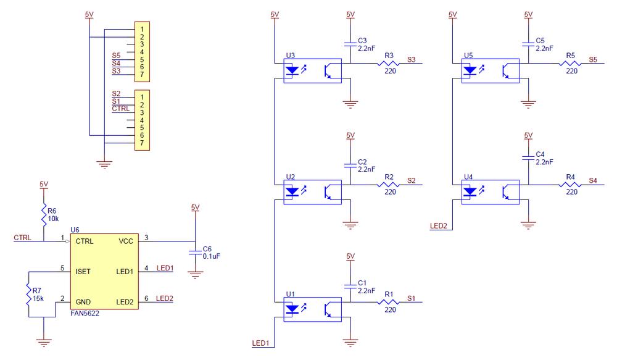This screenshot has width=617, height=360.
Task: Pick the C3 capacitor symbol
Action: pos(350,44)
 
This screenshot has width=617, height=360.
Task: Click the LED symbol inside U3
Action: pos(293,70)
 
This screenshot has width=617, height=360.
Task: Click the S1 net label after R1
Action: pos(412,298)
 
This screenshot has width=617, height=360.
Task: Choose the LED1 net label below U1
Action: pos(261,343)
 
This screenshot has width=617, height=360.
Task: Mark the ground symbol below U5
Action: pos(528,104)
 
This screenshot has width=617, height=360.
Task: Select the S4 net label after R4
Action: pos(593,180)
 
